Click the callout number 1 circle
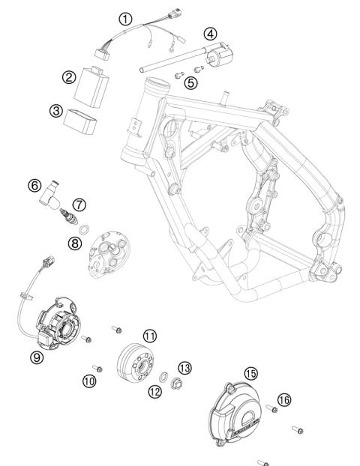coord(126,17)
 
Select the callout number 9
coord(37,358)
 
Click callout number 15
coord(250,372)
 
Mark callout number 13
coord(184,366)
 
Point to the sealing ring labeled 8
coord(85,228)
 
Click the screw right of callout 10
coord(97,368)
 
